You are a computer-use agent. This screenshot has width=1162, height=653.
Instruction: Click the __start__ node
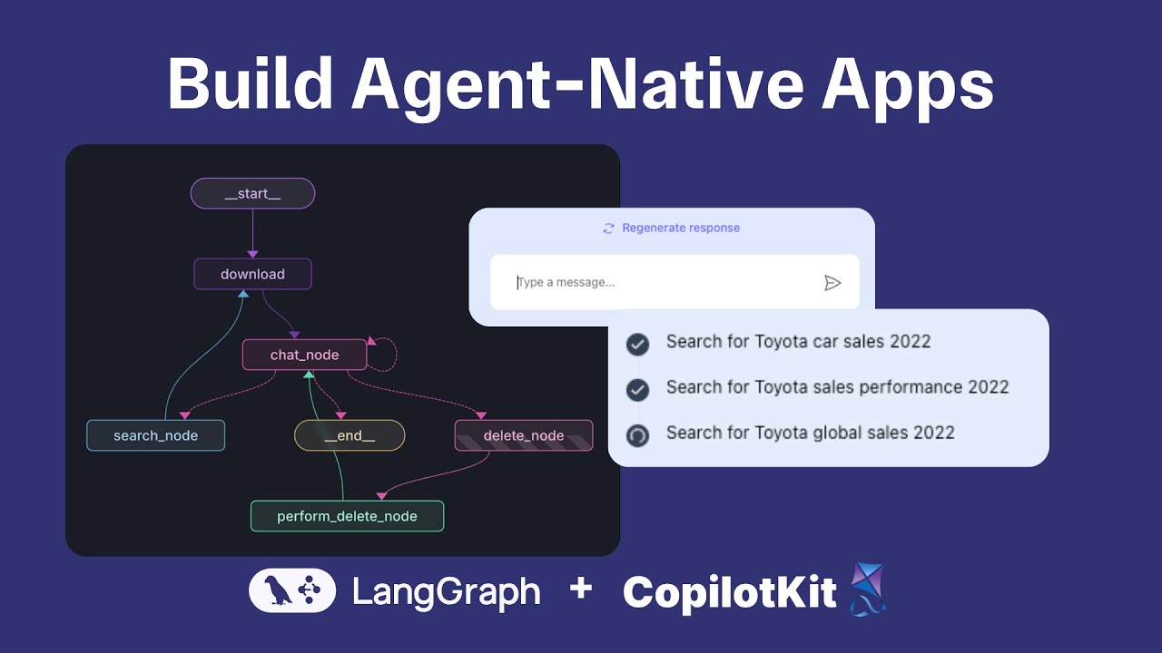252,193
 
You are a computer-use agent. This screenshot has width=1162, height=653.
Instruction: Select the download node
252,274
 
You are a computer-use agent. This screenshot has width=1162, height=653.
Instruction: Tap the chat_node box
304,355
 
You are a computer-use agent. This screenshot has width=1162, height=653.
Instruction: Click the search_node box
155,435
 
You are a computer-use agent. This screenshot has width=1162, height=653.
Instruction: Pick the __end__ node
350,435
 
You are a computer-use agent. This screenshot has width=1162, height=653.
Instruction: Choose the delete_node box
524,435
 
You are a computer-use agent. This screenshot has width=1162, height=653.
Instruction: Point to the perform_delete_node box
347,516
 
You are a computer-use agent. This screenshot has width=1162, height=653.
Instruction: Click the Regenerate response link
680,228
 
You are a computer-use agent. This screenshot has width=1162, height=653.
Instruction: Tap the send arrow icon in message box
832,283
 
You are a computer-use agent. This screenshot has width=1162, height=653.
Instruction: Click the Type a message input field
654,282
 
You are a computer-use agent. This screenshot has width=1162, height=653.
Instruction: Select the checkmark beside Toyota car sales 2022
638,344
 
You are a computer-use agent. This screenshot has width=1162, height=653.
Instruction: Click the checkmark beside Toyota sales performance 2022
638,390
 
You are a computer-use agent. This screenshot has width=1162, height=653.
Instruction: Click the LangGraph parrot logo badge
292,592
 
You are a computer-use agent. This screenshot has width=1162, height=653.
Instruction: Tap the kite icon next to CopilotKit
867,590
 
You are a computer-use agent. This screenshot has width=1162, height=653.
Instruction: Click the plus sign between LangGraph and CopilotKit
581,590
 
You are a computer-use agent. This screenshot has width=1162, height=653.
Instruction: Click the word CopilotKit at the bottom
729,593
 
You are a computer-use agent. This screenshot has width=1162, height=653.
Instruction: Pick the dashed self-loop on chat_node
388,354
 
